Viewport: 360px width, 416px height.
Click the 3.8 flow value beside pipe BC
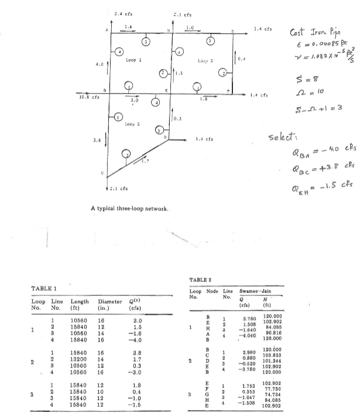click(x=98, y=140)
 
